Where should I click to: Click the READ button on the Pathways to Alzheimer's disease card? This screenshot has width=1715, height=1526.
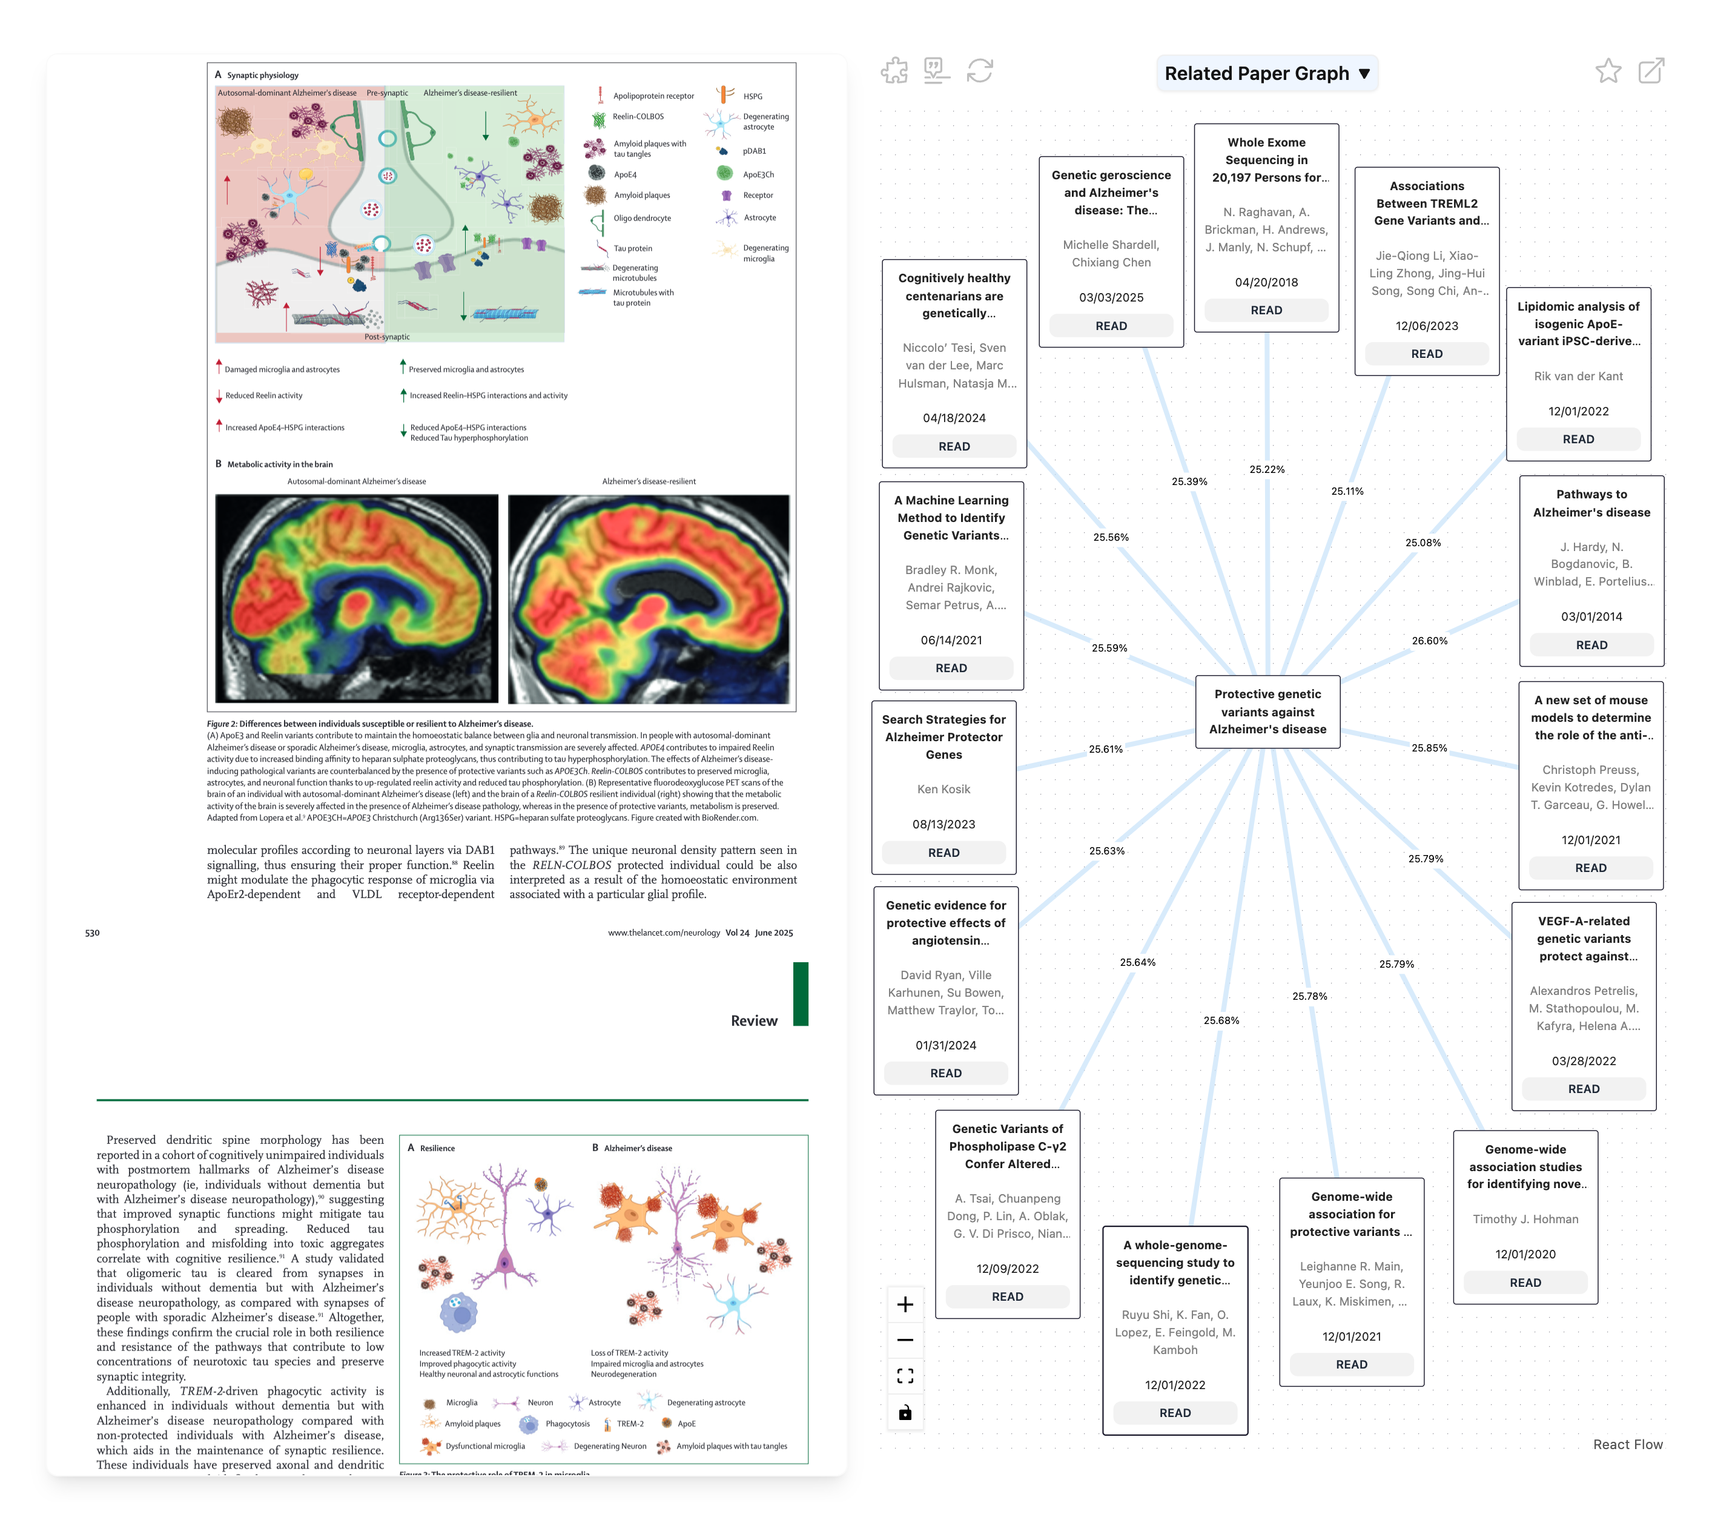[x=1591, y=645]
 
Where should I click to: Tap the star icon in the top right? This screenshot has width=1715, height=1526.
[x=1608, y=71]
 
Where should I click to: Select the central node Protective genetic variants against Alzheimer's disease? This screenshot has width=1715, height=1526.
[x=1267, y=712]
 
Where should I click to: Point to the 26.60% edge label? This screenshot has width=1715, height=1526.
[x=1429, y=641]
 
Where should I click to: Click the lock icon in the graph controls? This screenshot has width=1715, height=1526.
[x=905, y=1413]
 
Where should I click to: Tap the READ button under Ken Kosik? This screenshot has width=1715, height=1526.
[x=943, y=853]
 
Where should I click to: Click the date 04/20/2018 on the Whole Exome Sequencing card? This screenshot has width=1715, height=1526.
[x=1266, y=282]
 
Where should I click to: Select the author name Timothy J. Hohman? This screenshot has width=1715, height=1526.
[x=1524, y=1219]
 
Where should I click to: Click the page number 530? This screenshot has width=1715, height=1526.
[x=92, y=933]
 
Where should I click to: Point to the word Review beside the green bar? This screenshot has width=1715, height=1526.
[x=753, y=1020]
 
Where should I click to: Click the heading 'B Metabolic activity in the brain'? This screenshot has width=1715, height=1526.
[x=274, y=464]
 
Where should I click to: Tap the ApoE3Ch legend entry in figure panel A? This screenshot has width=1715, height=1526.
[x=757, y=174]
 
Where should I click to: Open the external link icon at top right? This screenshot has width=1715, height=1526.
[x=1650, y=71]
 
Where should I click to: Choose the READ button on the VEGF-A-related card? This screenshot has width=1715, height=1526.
[x=1583, y=1089]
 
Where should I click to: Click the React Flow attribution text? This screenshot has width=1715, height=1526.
[x=1627, y=1444]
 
